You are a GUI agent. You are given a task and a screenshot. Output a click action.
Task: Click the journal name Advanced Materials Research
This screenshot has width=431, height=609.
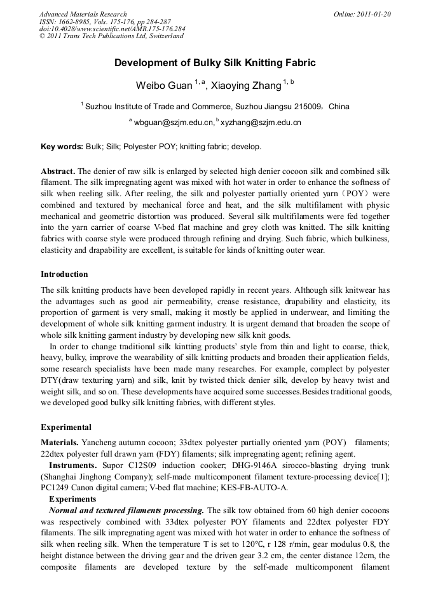tap(83, 14)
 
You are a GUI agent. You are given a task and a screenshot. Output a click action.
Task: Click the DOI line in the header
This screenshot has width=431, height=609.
tap(113, 29)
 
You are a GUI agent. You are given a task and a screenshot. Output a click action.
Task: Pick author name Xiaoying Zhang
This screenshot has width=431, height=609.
tap(244, 86)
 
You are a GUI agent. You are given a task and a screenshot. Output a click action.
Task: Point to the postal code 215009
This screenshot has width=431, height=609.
tap(306, 107)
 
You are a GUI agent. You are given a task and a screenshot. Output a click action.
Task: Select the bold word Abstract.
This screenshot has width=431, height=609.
tap(58, 171)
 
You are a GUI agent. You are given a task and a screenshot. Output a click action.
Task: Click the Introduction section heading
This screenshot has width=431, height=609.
tap(64, 274)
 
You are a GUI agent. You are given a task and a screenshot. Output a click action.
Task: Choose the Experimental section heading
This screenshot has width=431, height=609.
tap(66, 427)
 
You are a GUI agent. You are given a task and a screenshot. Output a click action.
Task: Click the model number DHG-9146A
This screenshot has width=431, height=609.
tap(232, 465)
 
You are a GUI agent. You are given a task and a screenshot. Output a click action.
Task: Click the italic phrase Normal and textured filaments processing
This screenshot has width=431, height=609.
tap(127, 511)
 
